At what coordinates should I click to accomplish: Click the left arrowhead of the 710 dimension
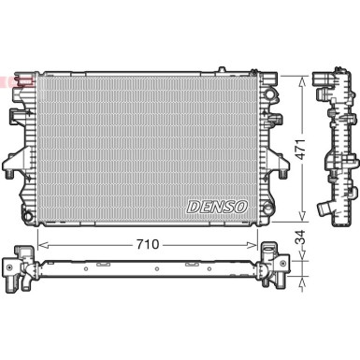click(38, 243)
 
